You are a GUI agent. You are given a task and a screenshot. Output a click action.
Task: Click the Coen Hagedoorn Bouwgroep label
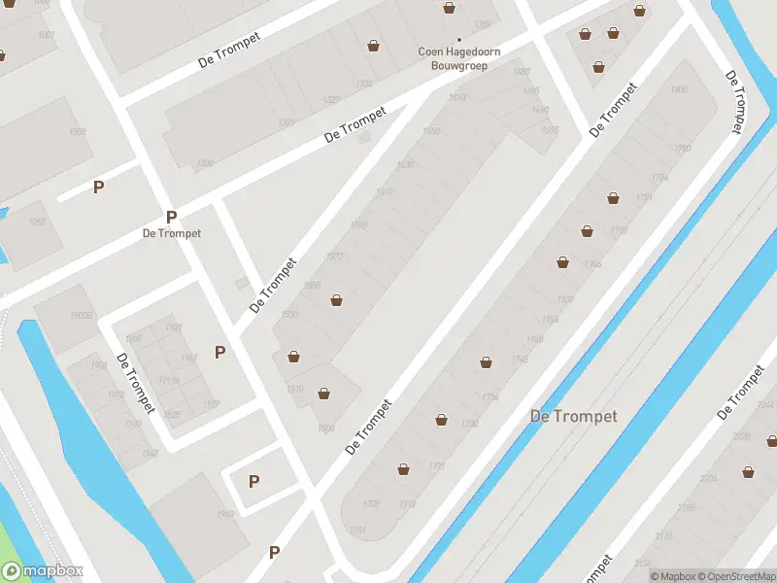pos(453,57)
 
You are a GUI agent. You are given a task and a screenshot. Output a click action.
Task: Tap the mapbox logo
pos(43,571)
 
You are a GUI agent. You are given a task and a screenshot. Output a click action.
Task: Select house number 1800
pos(680,89)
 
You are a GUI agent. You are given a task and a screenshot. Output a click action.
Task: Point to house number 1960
pos(226,515)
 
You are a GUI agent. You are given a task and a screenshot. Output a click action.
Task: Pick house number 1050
pos(79,132)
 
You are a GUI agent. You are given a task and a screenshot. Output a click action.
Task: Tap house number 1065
pos(37,223)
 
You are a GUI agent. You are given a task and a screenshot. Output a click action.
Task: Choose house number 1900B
pos(82,316)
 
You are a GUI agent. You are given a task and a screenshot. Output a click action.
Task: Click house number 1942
pos(149,453)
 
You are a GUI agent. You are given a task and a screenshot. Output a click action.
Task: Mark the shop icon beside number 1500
pos(323,394)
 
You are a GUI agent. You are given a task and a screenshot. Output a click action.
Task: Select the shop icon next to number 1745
pos(486,362)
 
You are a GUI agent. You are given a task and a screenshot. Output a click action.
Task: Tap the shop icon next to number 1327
pos(374,45)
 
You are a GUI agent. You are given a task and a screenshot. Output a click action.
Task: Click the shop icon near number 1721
pos(403,469)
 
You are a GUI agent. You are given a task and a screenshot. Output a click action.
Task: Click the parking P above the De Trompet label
pos(171,217)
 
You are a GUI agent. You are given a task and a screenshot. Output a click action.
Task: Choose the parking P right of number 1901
pos(220,352)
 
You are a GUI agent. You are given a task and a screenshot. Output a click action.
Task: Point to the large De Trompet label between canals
pos(573,416)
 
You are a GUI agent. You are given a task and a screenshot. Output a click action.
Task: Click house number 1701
pos(356,530)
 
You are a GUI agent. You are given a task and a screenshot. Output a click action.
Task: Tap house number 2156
pos(643,564)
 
